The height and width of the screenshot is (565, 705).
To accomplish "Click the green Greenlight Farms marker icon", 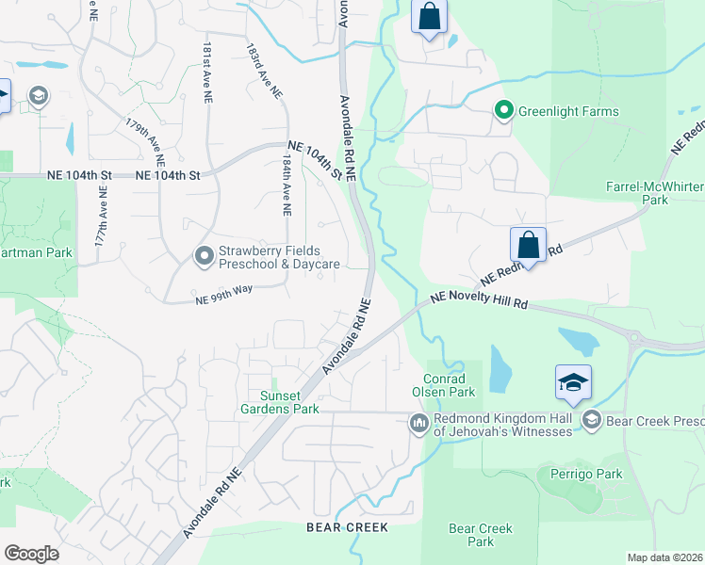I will click(504, 112).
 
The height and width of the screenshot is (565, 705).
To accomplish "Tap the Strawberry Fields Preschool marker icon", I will click(204, 256).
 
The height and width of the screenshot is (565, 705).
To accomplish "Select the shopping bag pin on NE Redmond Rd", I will click(528, 245).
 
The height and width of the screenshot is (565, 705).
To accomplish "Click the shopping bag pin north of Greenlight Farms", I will click(429, 17).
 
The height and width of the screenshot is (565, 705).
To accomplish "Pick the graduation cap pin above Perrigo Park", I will click(573, 382).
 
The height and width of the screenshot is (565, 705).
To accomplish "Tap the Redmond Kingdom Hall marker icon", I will click(418, 425).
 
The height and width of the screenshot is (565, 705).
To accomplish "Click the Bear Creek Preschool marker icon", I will click(592, 420).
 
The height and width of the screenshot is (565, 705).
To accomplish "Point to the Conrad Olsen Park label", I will click(443, 384).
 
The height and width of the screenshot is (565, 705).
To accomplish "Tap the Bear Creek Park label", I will click(481, 535).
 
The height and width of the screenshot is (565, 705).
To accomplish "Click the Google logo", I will click(31, 554).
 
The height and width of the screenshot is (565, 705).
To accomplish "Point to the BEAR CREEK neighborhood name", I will click(347, 528).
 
